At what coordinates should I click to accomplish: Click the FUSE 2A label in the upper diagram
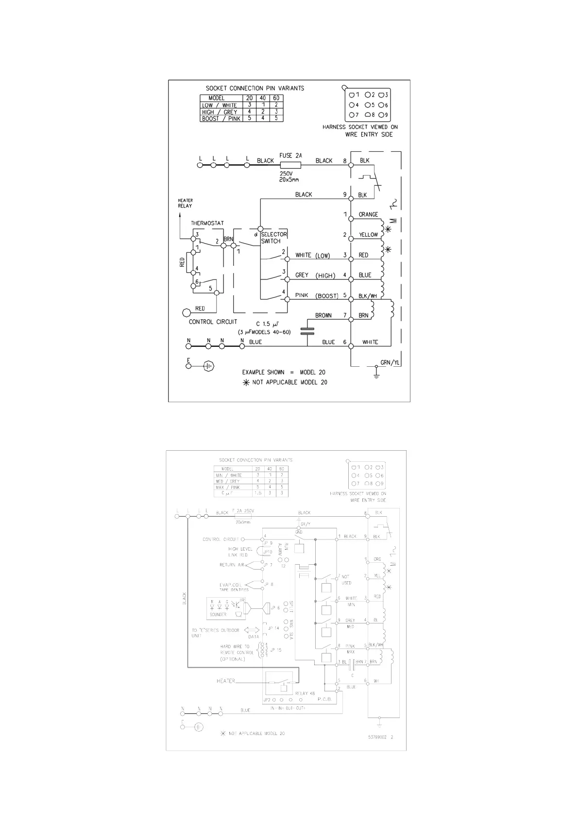(290, 155)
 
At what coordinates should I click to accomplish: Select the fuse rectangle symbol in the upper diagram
(290, 165)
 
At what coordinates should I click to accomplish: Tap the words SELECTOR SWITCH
(274, 238)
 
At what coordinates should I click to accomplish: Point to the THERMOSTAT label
(207, 223)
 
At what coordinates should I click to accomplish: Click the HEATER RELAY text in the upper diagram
(185, 203)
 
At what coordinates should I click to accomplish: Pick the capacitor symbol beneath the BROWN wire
(307, 331)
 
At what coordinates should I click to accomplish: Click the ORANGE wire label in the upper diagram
(368, 214)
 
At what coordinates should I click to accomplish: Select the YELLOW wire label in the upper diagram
(368, 235)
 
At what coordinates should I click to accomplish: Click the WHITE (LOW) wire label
(312, 255)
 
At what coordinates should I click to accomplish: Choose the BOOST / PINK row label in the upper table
(221, 118)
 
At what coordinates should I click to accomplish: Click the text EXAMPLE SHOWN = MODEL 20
(284, 372)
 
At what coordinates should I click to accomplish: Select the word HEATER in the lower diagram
(226, 681)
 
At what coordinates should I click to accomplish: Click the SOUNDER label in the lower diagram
(218, 615)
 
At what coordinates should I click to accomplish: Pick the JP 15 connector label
(275, 650)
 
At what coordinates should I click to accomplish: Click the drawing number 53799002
(377, 737)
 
